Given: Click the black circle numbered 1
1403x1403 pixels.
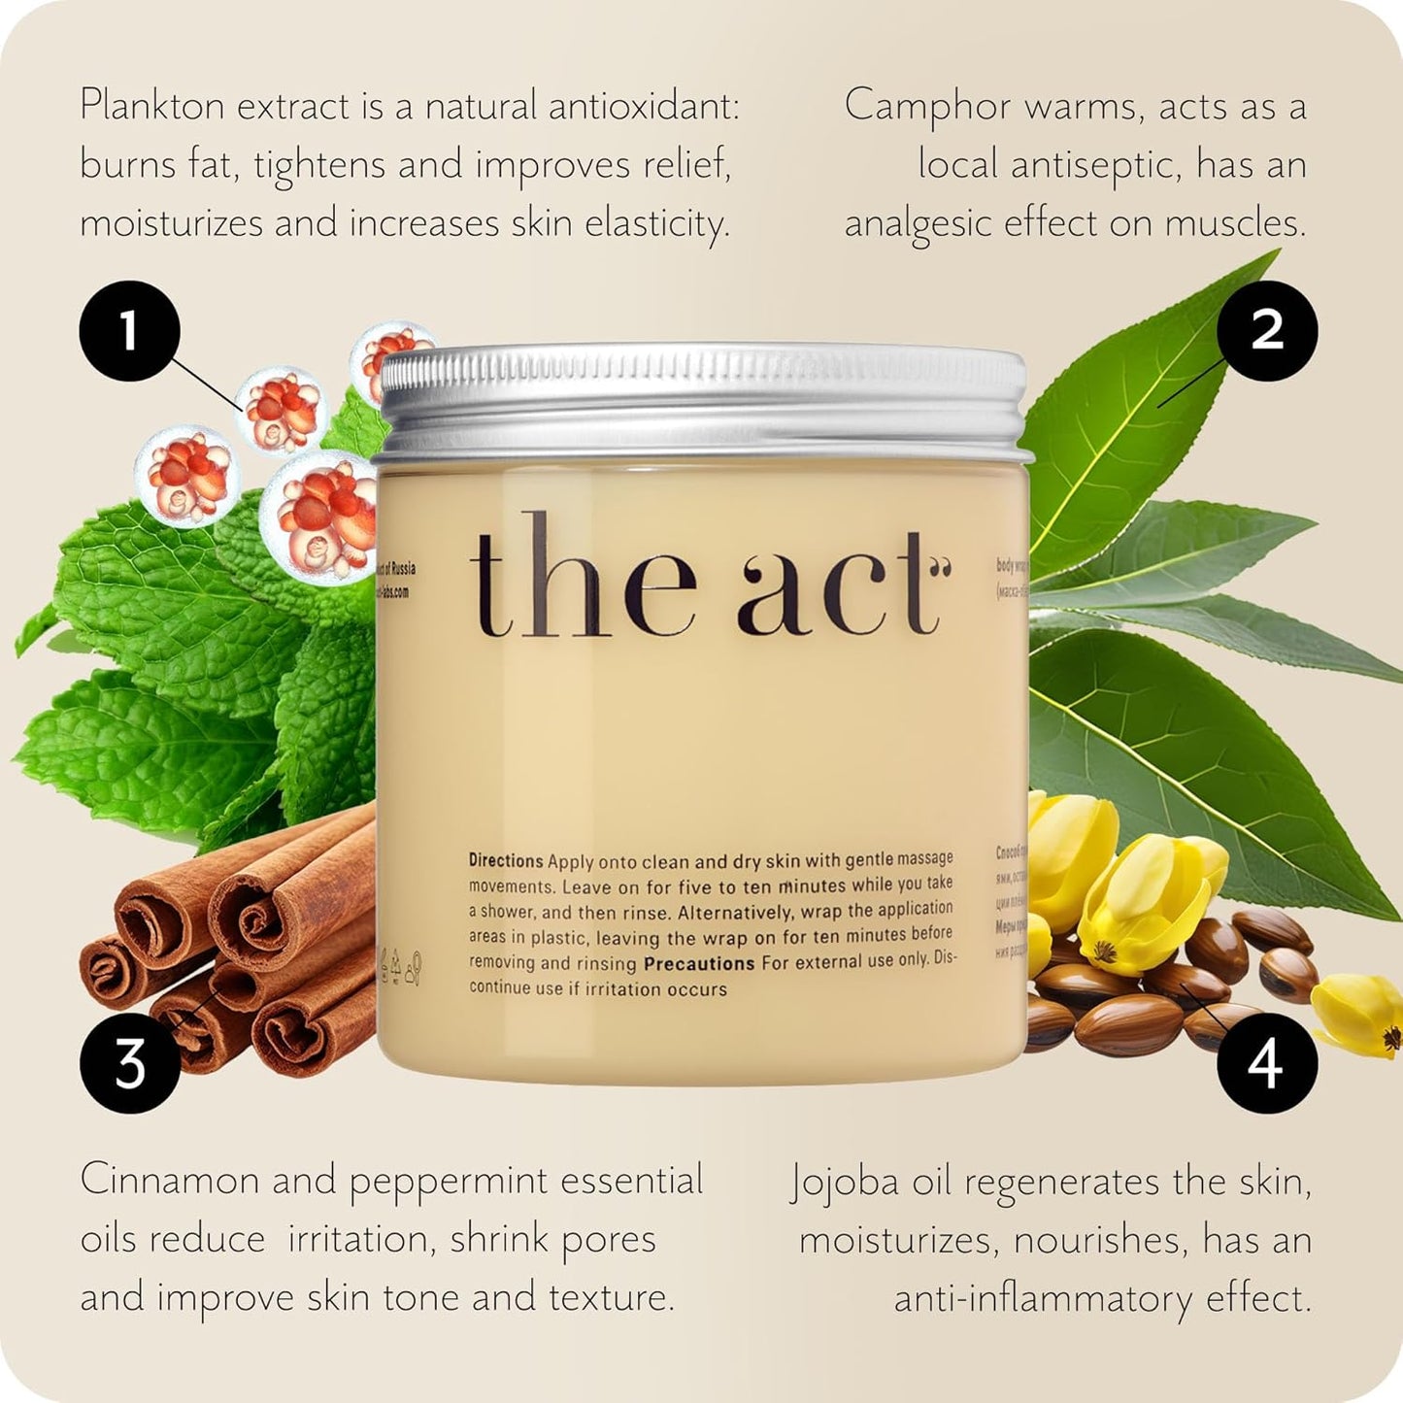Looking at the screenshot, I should [129, 331].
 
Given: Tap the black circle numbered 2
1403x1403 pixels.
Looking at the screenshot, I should [1266, 331].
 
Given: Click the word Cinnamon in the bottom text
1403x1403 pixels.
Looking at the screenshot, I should [171, 1181].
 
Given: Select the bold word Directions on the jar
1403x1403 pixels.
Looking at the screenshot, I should [506, 860].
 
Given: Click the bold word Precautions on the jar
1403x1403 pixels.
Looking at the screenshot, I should [699, 963].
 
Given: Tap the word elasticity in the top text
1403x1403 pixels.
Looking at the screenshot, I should [656, 224].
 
